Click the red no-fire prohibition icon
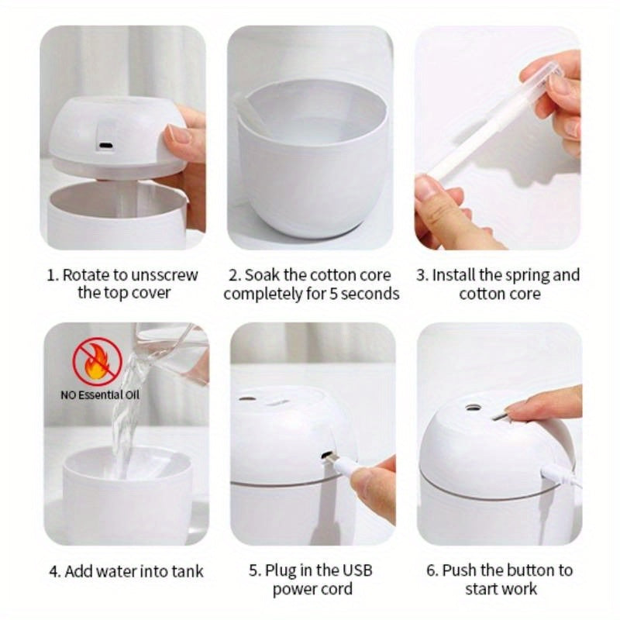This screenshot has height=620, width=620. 98,360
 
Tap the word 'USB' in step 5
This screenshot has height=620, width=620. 356,570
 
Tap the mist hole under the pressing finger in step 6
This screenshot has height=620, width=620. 469,405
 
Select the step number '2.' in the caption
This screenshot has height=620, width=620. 234,274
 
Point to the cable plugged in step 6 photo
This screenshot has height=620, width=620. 560,474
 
